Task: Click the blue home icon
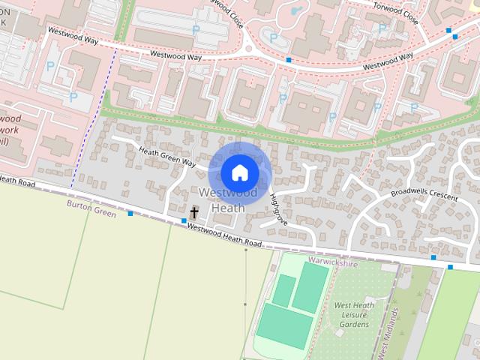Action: pos(239,172)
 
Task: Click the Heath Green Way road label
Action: pos(166,157)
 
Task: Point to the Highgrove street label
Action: pos(277,208)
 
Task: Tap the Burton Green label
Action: pos(91,208)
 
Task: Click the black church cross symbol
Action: pos(194,213)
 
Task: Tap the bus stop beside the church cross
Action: pos(184,220)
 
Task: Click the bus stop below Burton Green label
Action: pos(130,214)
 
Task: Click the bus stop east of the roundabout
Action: pos(289,59)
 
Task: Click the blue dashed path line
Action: pos(94,112)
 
